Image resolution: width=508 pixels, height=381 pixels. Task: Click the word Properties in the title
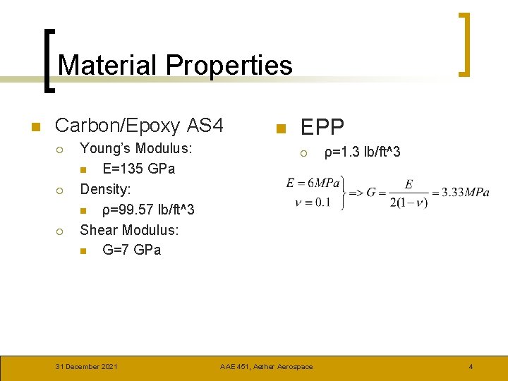[229, 65]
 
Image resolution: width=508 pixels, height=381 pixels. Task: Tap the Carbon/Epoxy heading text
[118, 126]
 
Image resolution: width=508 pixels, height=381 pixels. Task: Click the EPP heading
[322, 127]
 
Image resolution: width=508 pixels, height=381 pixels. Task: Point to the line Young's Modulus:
[136, 149]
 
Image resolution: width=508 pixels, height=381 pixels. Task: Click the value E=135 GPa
[138, 169]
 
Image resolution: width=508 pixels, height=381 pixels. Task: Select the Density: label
[105, 189]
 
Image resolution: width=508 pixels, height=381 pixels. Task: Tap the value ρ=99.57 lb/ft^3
[148, 210]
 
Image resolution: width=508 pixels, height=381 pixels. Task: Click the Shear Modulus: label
[129, 230]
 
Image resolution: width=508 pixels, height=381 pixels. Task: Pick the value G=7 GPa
[131, 250]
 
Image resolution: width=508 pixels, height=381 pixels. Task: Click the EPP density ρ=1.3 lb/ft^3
[362, 152]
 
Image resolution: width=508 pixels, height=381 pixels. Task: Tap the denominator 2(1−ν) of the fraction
[409, 202]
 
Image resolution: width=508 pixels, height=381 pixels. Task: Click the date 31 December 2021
[87, 366]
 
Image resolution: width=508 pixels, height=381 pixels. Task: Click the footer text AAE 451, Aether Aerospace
[266, 366]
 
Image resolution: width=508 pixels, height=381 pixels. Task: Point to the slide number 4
[471, 366]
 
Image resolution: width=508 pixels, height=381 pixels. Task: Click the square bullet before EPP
[279, 128]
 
